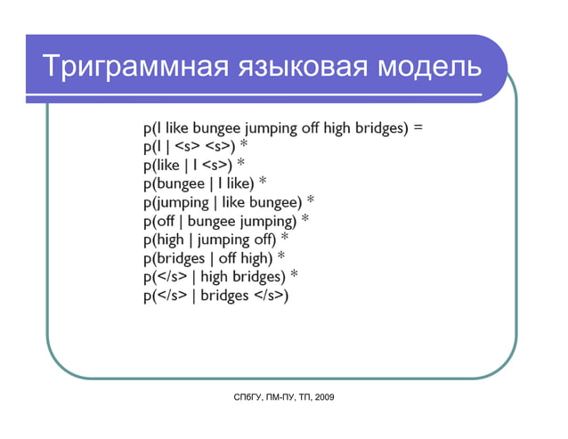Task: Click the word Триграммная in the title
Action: click(x=124, y=68)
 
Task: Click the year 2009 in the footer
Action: click(x=324, y=396)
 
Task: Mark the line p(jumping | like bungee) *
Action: click(x=228, y=202)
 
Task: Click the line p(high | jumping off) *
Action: click(x=215, y=240)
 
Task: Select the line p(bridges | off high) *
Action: click(x=213, y=258)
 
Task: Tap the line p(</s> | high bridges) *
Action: click(x=219, y=277)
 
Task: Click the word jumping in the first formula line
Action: click(x=266, y=128)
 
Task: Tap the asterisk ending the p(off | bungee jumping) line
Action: click(x=304, y=220)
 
